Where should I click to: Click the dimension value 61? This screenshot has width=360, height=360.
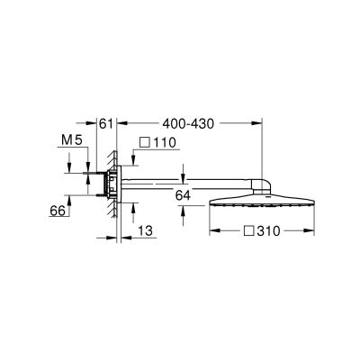[x=104, y=121]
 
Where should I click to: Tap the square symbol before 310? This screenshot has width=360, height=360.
[x=247, y=231]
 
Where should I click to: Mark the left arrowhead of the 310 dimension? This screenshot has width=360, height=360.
[x=213, y=231]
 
